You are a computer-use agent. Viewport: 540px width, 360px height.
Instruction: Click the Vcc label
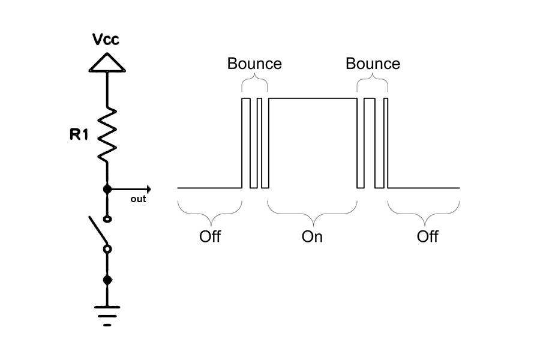pyautogui.click(x=106, y=40)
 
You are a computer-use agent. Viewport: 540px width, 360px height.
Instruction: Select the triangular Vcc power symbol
pyautogui.click(x=107, y=63)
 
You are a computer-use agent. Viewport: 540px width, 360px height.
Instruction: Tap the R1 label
pyautogui.click(x=79, y=134)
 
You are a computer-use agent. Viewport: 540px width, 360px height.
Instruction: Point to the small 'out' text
pyautogui.click(x=138, y=199)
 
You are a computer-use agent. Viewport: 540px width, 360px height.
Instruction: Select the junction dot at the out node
pyautogui.click(x=107, y=189)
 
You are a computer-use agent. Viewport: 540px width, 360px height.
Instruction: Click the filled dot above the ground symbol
pyautogui.click(x=107, y=280)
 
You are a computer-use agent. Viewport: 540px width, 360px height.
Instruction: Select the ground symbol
pyautogui.click(x=107, y=313)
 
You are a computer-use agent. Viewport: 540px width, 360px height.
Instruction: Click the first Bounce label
pyautogui.click(x=254, y=64)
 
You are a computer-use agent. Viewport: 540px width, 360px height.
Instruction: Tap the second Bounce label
pyautogui.click(x=373, y=64)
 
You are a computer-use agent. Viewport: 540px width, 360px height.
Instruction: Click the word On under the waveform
pyautogui.click(x=312, y=236)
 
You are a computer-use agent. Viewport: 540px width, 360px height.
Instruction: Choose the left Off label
pyautogui.click(x=210, y=236)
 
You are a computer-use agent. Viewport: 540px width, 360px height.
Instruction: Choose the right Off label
pyautogui.click(x=428, y=236)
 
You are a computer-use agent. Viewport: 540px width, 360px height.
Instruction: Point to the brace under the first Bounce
pyautogui.click(x=254, y=83)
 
